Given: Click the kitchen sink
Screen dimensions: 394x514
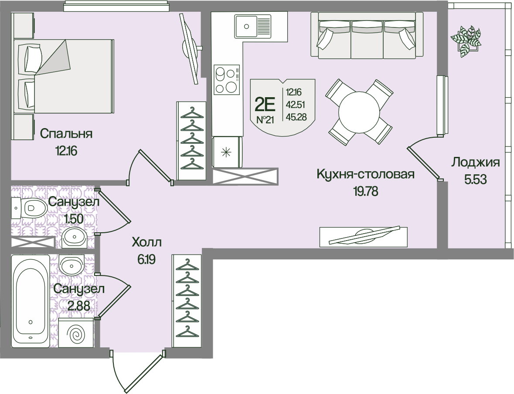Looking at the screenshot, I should point(247,26).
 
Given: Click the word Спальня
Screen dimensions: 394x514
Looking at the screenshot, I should point(66,133).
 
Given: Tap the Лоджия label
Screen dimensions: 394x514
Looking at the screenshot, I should point(475,163).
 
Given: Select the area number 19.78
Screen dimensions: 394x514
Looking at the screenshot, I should point(365,190).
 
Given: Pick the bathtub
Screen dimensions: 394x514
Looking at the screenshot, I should point(30,301).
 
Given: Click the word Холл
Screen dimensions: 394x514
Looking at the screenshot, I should point(146,242).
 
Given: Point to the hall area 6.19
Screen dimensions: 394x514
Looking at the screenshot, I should point(146,260).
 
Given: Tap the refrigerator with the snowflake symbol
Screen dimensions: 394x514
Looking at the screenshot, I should point(226,152).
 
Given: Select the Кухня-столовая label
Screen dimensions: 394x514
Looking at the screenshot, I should point(365,175).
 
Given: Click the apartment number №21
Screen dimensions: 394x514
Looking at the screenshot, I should point(265,120).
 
